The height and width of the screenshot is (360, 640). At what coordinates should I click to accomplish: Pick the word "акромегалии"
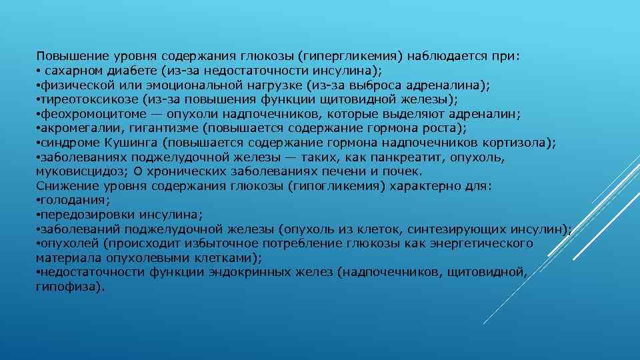tap(69, 129)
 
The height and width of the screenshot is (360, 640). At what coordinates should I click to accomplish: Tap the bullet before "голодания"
tap(38, 201)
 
